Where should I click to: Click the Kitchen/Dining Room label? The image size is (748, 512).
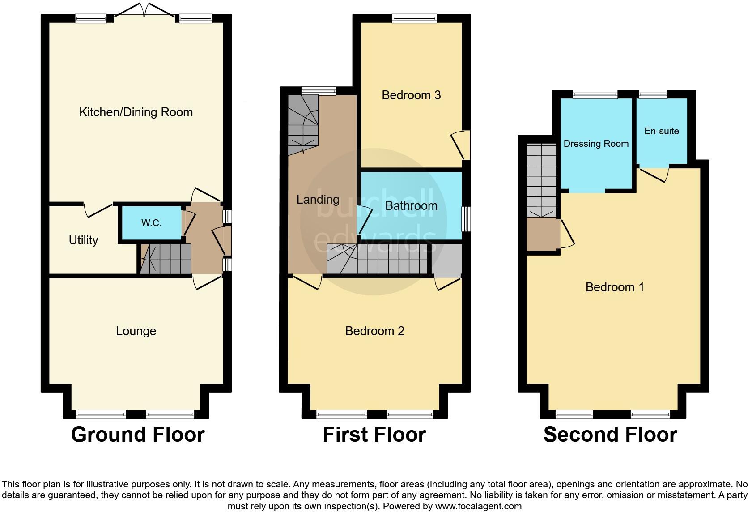pyautogui.click(x=136, y=112)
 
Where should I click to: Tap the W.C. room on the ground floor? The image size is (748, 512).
pyautogui.click(x=151, y=223)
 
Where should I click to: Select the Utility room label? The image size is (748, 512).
pyautogui.click(x=83, y=240)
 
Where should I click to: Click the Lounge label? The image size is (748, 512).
pyautogui.click(x=136, y=331)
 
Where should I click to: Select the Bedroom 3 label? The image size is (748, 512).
pyautogui.click(x=411, y=95)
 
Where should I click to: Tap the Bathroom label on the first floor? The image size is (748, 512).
pyautogui.click(x=411, y=206)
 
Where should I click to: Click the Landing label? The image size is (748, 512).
pyautogui.click(x=318, y=200)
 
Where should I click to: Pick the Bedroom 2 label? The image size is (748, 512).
pyautogui.click(x=374, y=331)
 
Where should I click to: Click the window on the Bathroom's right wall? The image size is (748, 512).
pyautogui.click(x=466, y=219)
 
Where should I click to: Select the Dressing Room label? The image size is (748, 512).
pyautogui.click(x=596, y=144)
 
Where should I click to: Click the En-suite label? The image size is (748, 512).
pyautogui.click(x=661, y=131)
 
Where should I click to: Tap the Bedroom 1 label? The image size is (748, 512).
pyautogui.click(x=615, y=287)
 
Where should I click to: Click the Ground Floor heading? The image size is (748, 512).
pyautogui.click(x=137, y=435)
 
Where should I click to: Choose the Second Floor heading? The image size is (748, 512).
pyautogui.click(x=610, y=435)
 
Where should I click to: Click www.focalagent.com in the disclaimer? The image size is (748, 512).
pyautogui.click(x=478, y=507)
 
